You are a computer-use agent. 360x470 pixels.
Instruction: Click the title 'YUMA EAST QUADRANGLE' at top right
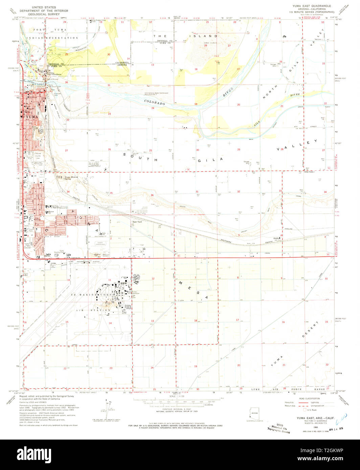[x=312, y=6]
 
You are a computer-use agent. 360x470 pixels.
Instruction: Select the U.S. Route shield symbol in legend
[x=304, y=410]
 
